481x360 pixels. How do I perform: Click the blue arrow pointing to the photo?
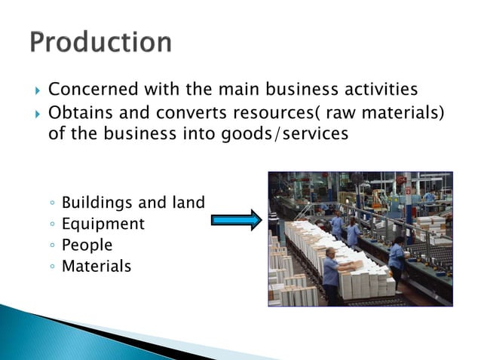(235, 220)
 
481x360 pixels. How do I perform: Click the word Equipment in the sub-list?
(103, 224)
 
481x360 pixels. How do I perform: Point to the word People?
(87, 245)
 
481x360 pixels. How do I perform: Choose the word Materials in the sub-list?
(96, 266)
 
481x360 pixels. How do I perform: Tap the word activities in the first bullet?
(377, 90)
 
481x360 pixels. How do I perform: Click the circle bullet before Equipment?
(51, 224)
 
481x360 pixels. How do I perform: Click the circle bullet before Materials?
(51, 267)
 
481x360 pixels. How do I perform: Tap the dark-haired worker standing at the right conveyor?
(397, 260)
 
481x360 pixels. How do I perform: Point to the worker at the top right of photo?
(428, 200)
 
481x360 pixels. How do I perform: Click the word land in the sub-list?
(188, 203)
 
